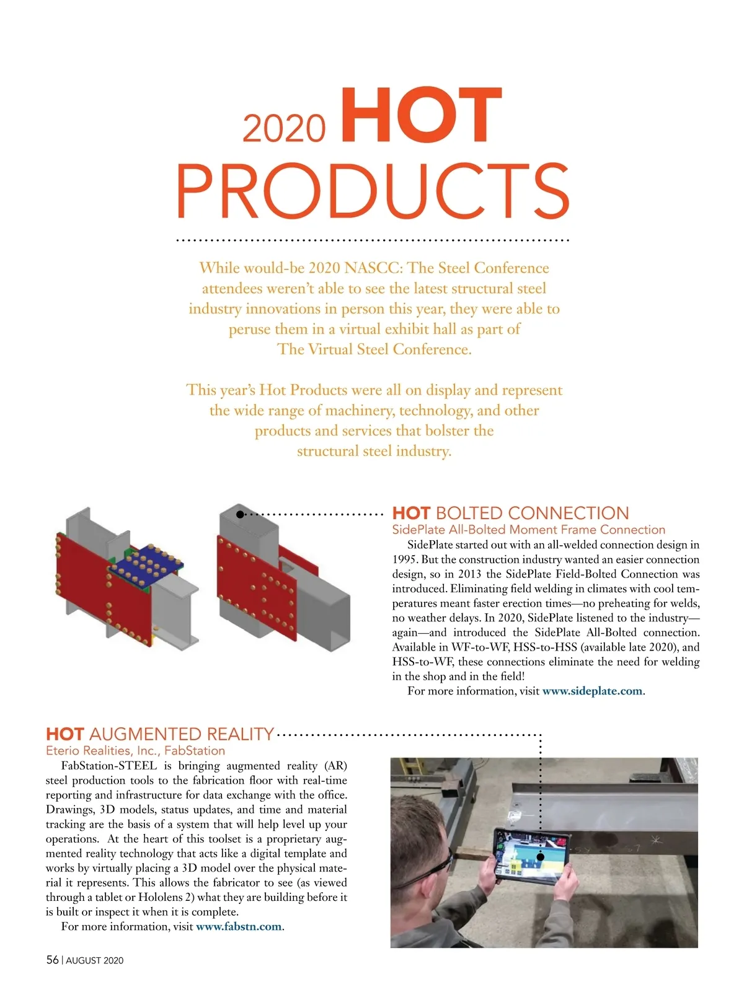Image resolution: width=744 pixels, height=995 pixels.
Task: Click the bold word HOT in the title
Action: [421, 116]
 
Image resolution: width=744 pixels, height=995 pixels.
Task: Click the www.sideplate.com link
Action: [592, 691]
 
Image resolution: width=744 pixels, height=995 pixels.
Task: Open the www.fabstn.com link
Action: [239, 927]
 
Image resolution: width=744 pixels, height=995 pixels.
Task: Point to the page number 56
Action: [52, 960]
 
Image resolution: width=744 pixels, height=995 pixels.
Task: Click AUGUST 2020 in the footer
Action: [95, 960]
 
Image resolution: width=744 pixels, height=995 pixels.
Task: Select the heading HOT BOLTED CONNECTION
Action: [510, 514]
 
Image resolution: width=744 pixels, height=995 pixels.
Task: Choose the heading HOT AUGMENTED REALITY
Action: [160, 735]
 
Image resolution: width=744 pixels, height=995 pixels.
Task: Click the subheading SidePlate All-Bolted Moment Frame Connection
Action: [528, 530]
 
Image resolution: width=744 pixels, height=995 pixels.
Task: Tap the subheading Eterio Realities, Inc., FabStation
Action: [135, 751]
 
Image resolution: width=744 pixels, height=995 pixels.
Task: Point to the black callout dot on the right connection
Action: [240, 514]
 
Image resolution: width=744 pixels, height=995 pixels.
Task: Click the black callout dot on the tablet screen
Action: [540, 856]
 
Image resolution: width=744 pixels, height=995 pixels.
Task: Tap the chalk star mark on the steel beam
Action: [656, 841]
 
